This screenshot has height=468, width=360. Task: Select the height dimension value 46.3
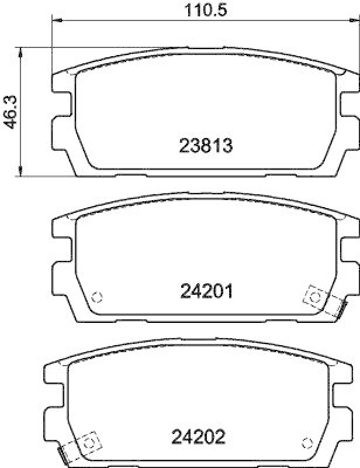tap(11, 111)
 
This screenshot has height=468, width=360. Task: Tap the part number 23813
tap(206, 145)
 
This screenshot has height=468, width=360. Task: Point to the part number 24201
tap(206, 290)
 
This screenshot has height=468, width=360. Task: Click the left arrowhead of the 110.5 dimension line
tap(56, 21)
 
